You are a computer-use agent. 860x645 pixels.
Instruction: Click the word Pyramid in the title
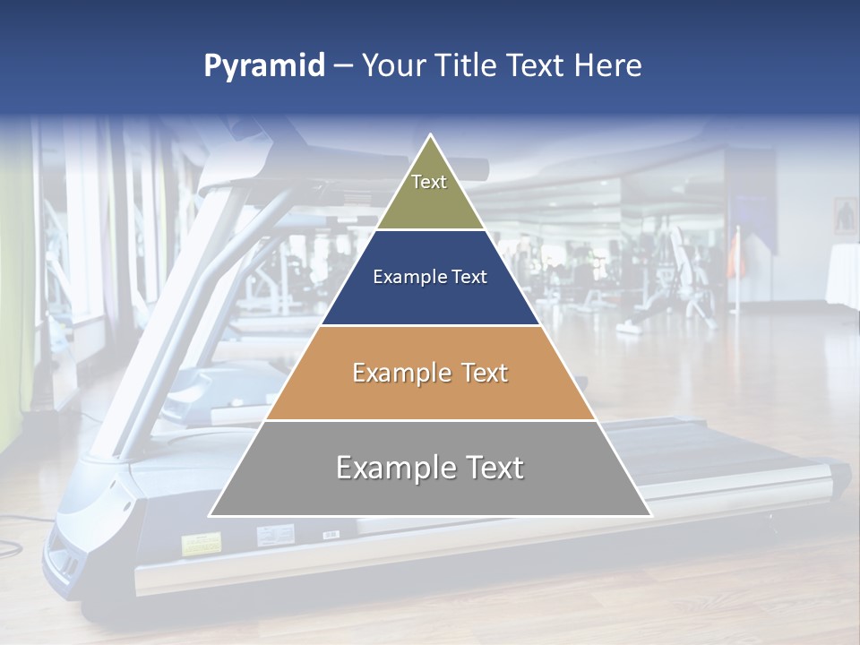tap(264, 66)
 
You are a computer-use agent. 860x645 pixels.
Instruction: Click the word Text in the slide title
tap(537, 66)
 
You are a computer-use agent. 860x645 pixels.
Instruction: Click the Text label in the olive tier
tap(429, 182)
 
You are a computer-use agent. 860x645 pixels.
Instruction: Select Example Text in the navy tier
tap(430, 277)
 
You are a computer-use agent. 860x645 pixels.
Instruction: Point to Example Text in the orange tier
tap(430, 373)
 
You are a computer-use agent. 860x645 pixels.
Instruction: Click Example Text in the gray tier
tap(430, 468)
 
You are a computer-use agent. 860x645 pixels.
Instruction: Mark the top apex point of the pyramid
tap(431, 136)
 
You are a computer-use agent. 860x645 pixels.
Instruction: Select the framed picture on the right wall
tap(845, 215)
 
